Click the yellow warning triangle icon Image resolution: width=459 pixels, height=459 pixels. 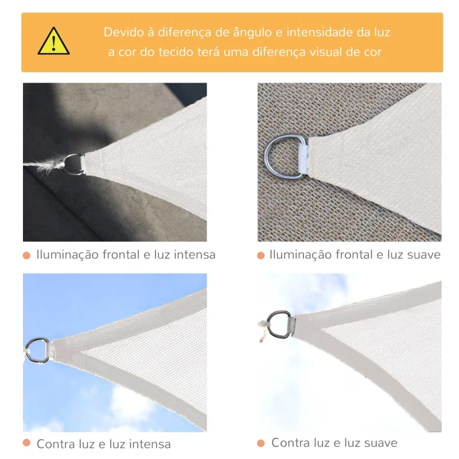click(x=54, y=42)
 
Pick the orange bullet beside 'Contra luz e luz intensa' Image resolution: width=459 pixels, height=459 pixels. click(x=26, y=444)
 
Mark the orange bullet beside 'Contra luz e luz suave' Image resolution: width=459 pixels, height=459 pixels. click(x=260, y=444)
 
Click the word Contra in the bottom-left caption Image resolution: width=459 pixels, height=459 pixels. click(x=56, y=444)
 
